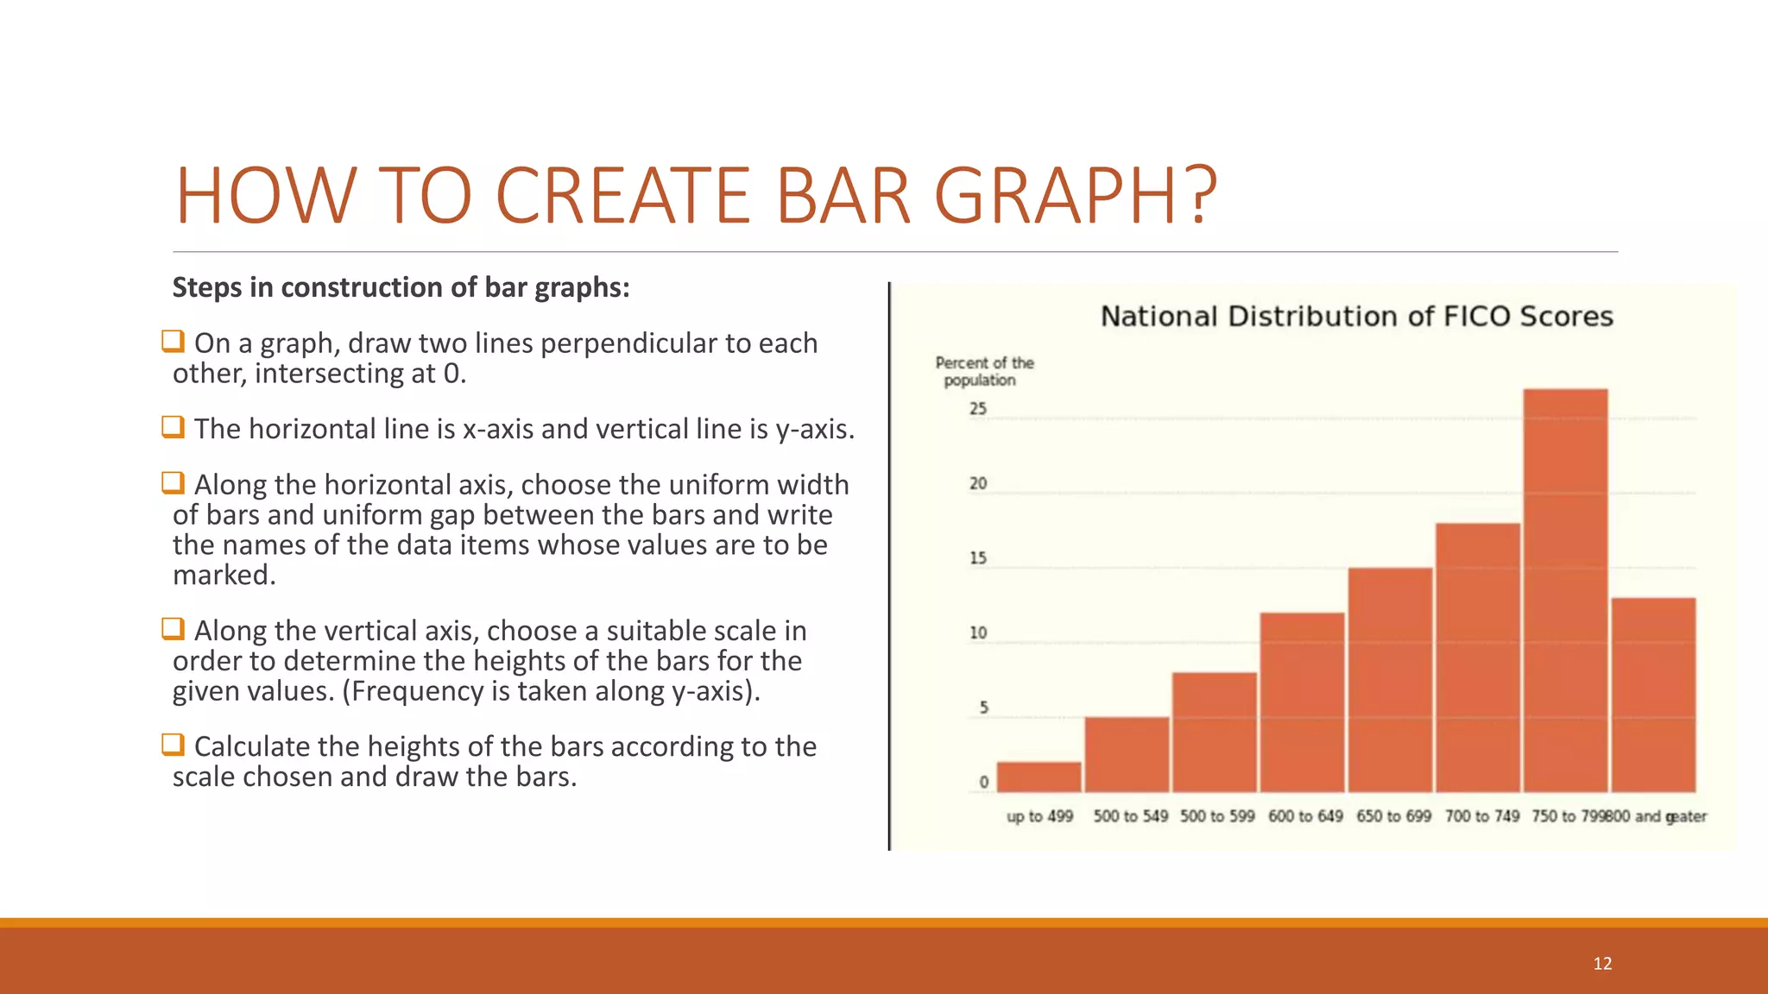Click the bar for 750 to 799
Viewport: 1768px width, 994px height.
pos(1565,591)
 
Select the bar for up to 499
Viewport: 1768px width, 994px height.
pos(1039,777)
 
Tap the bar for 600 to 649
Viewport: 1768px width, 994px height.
pos(1302,702)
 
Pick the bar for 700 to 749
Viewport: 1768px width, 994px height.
pos(1477,657)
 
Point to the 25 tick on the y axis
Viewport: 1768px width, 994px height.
pos(978,409)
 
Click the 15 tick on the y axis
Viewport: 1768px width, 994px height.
pos(978,558)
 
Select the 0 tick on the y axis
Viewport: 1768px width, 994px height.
pos(983,783)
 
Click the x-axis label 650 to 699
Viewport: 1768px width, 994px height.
pos(1393,816)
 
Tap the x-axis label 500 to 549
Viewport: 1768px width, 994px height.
pos(1130,816)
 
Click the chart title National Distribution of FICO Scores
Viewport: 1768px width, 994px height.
pos(1356,317)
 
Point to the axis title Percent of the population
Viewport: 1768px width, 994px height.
pos(984,371)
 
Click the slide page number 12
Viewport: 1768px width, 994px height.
pos(1602,964)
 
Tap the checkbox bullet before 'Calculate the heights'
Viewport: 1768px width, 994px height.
pos(173,744)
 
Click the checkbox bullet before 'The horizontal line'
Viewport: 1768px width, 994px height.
pos(173,426)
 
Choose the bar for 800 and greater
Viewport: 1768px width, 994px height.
pos(1653,695)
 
